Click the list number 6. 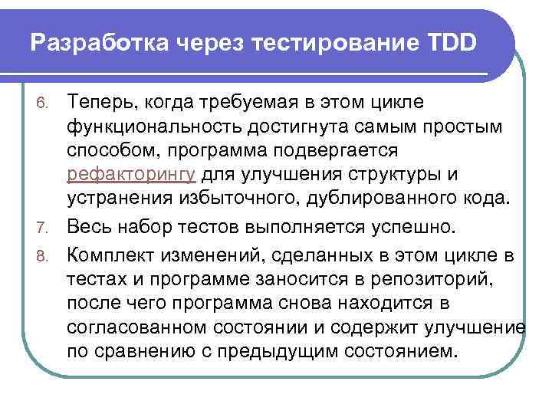click(46, 103)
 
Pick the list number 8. click(46, 253)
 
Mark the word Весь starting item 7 click(90, 227)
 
